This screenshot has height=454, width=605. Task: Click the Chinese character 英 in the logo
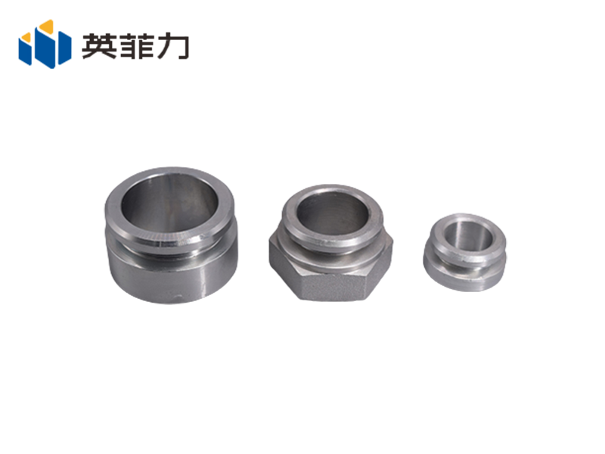point(99,45)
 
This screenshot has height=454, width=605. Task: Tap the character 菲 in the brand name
point(135,45)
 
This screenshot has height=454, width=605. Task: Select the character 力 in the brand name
point(172,46)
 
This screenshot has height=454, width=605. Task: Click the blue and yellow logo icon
point(45,44)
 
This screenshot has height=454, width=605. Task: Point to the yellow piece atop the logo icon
point(47,26)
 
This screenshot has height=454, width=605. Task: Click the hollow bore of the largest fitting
point(170,203)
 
